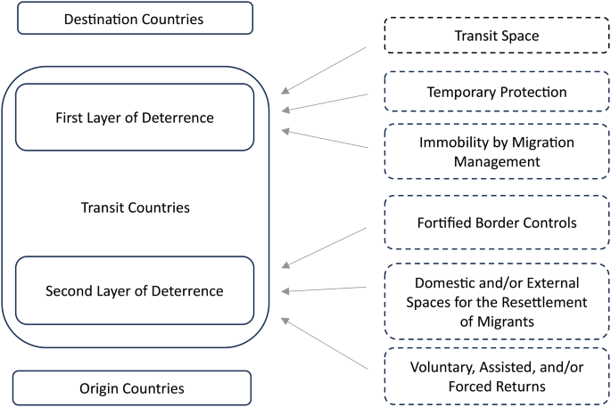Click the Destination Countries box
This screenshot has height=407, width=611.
pos(135,18)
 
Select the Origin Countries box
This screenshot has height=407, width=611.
pos(135,387)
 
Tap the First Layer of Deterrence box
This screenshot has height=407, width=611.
pos(135,117)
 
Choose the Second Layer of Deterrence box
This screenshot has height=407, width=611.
pos(135,290)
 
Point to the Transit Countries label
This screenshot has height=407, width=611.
pos(135,208)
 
